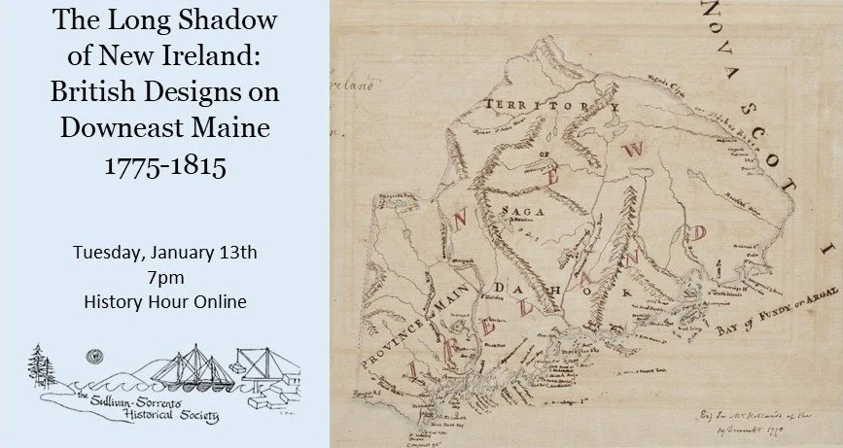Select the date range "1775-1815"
164,165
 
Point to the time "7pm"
164,277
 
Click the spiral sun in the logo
90,355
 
